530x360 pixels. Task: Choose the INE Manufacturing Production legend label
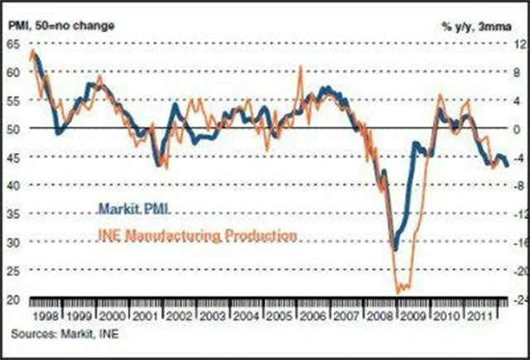tap(197, 235)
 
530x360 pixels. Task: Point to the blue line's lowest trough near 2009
tap(395, 249)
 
